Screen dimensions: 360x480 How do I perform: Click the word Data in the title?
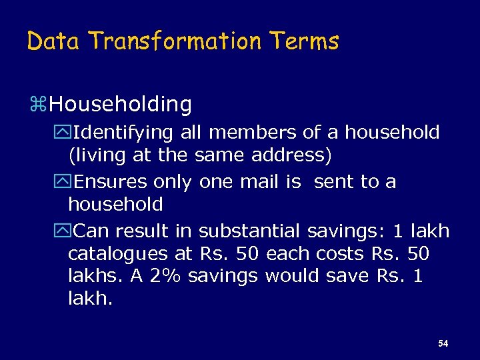pos(53,41)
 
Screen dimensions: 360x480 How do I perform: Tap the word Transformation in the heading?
pos(175,41)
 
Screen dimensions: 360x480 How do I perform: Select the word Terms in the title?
pos(305,41)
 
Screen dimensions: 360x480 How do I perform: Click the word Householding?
pos(120,104)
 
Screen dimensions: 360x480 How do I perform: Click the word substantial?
pos(249,231)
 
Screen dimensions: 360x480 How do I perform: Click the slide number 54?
pos(443,344)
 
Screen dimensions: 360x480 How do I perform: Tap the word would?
pos(289,276)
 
